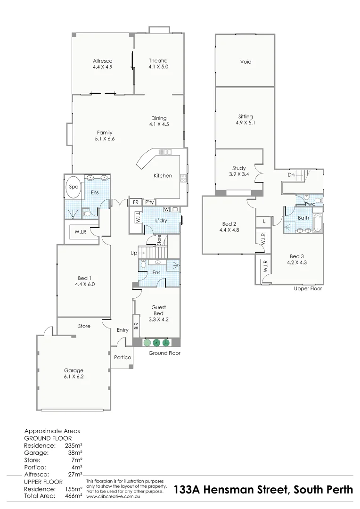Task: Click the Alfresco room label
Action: pyautogui.click(x=102, y=61)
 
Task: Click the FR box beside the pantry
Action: pyautogui.click(x=135, y=202)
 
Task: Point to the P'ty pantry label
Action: pyautogui.click(x=149, y=202)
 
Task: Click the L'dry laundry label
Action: pyautogui.click(x=163, y=221)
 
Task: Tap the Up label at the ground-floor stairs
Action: pyautogui.click(x=134, y=253)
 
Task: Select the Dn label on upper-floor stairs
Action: pyautogui.click(x=291, y=175)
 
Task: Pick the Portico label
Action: pyautogui.click(x=122, y=357)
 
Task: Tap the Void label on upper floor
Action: pyautogui.click(x=245, y=62)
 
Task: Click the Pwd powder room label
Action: pyautogui.click(x=310, y=204)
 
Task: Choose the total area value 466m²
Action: pyautogui.click(x=74, y=496)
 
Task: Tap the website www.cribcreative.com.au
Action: pyautogui.click(x=111, y=496)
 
